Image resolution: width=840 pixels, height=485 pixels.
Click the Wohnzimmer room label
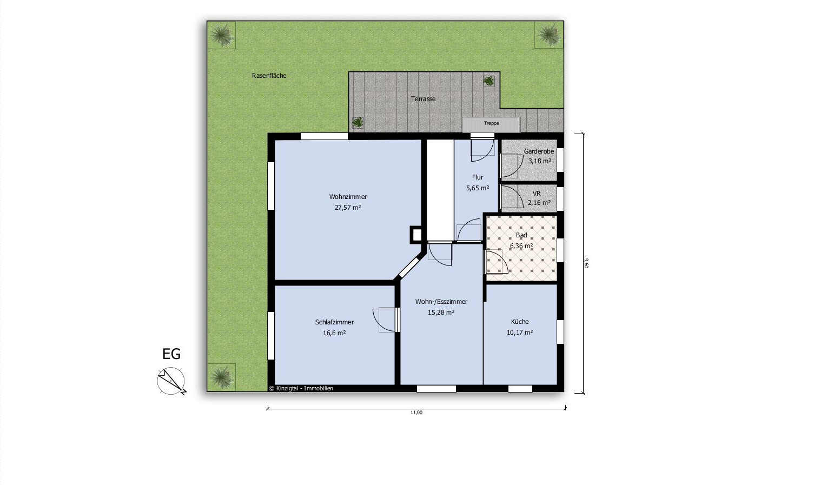coord(348,197)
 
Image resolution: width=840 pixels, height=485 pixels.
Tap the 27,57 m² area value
coord(348,207)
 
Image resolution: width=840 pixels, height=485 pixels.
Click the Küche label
coord(520,322)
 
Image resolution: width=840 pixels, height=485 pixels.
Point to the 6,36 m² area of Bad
coord(521,246)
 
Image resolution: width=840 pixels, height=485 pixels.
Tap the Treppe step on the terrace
coord(491,124)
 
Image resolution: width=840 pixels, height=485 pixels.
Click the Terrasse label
coord(423,99)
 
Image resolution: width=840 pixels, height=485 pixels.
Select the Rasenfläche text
coord(269,76)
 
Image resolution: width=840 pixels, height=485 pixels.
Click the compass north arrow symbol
coord(171,381)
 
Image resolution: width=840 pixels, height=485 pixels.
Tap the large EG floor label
coord(171,354)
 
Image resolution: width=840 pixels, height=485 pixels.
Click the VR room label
coord(537,194)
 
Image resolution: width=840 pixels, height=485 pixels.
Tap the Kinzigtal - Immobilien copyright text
coord(301,388)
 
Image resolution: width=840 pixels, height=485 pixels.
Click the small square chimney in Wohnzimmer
coord(416,235)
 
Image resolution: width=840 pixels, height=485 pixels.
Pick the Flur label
coord(478,177)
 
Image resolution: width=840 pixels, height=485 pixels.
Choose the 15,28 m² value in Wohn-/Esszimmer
coord(441,312)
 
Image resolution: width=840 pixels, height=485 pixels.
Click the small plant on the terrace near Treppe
coord(488,81)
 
